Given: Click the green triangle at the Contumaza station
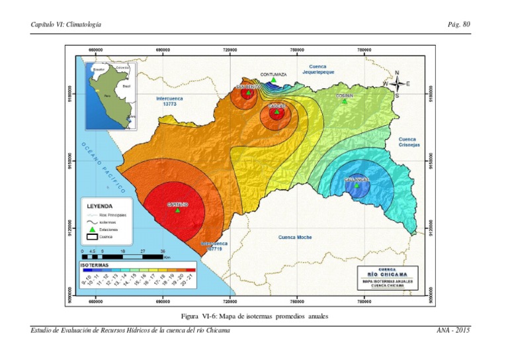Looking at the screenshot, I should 273,80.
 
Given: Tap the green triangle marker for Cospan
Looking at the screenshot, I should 344,101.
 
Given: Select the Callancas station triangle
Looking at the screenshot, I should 357,186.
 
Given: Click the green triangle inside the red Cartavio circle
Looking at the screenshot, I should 177,210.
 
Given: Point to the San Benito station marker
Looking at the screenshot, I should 248,93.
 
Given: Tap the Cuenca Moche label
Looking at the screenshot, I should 295,236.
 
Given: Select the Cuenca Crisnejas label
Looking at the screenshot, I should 407,142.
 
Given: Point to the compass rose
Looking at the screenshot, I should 396,84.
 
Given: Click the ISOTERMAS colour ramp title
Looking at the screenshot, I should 95,265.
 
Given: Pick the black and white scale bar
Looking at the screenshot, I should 122,255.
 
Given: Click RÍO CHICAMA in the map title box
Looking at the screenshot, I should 384,274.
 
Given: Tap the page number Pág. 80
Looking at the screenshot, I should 458,24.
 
